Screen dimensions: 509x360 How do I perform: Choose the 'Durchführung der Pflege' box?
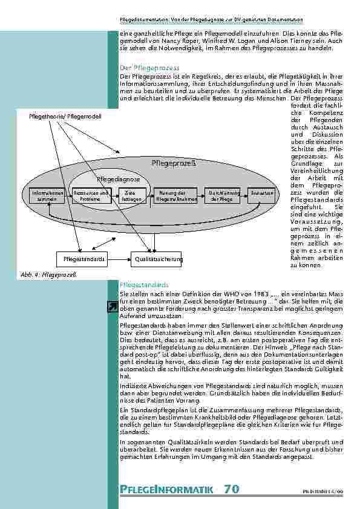click(x=222, y=195)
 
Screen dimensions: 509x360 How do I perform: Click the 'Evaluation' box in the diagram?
click(x=261, y=192)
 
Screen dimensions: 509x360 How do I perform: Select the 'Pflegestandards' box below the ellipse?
click(x=83, y=259)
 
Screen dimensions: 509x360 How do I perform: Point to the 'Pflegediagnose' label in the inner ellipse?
click(x=119, y=179)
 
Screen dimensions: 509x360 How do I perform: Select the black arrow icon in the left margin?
click(x=112, y=308)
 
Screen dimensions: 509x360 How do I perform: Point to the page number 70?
click(x=231, y=488)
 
